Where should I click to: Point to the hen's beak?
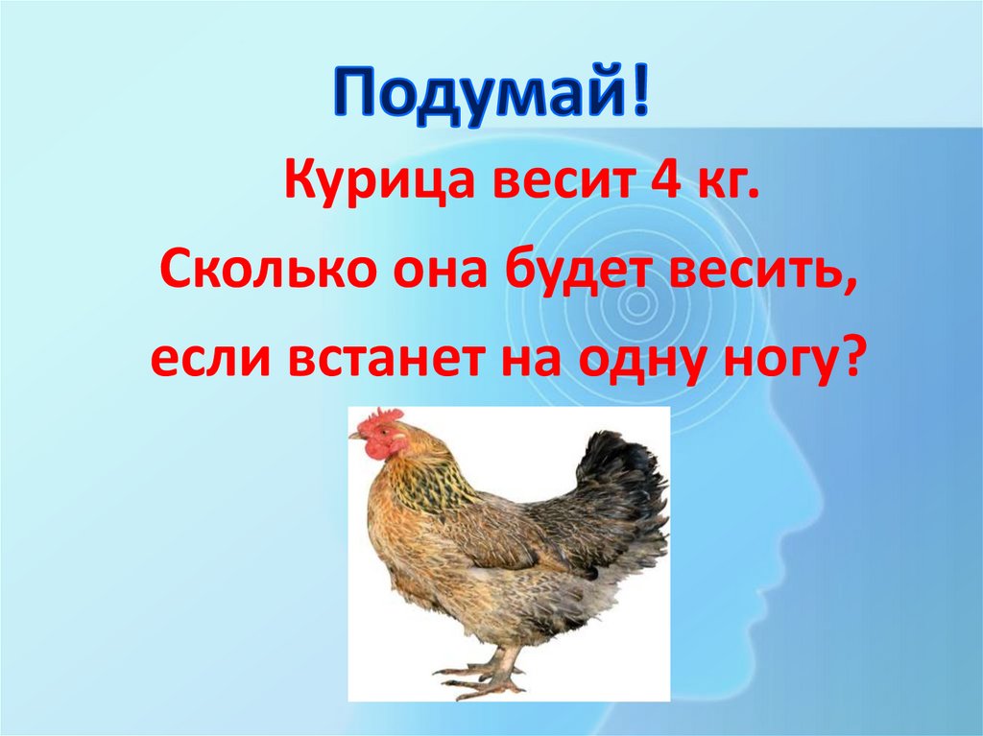[355, 436]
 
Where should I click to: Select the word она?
[419, 273]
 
